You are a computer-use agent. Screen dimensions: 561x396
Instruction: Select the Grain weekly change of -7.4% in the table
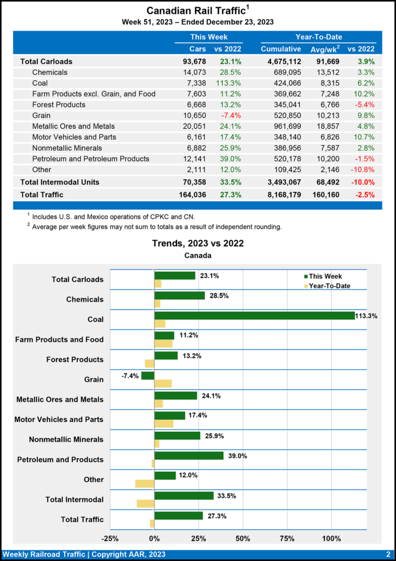[231, 116]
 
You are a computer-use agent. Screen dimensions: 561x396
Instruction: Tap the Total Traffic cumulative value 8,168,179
[281, 194]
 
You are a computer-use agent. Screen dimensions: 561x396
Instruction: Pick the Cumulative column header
[281, 49]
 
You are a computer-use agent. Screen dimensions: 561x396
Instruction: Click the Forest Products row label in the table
[59, 105]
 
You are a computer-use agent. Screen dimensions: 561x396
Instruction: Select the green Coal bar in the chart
[254, 316]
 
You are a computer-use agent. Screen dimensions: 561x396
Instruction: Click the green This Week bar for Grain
[148, 376]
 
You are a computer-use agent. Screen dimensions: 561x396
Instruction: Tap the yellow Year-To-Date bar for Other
[145, 484]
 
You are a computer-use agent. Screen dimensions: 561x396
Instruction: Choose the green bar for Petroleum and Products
[189, 456]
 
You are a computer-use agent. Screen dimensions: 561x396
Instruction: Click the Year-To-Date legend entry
[329, 285]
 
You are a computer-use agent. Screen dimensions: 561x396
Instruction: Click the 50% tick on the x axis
[243, 539]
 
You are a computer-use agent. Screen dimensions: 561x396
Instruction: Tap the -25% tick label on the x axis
[111, 539]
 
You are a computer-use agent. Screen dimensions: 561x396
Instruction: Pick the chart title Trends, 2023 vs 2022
[198, 243]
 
